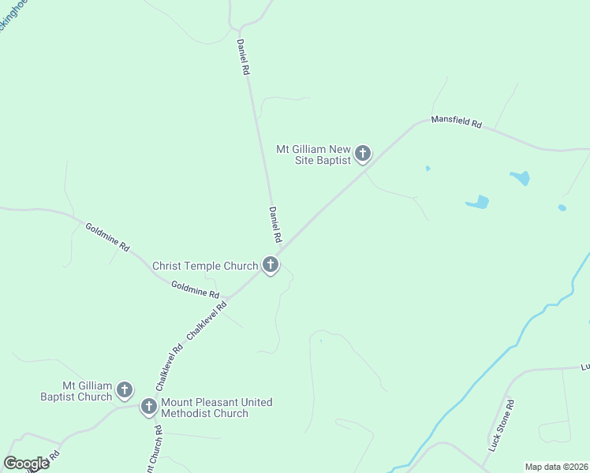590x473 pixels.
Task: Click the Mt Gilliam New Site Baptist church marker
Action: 362,153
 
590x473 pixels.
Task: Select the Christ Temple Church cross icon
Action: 271,265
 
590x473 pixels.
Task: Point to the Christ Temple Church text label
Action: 205,266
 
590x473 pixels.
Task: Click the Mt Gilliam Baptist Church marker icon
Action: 124,389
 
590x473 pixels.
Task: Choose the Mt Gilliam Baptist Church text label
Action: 77,392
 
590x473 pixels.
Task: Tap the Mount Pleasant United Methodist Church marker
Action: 148,407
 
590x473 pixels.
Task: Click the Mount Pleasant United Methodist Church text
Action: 216,408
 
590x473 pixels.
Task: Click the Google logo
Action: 27,464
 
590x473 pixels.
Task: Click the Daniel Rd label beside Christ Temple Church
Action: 275,224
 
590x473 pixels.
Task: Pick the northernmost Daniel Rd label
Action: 244,58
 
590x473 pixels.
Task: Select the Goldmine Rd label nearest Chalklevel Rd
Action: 195,289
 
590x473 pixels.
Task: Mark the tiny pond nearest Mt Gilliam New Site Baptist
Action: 428,168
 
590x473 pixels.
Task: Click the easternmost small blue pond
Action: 562,208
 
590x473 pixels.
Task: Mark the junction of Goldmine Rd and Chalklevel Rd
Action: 228,299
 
